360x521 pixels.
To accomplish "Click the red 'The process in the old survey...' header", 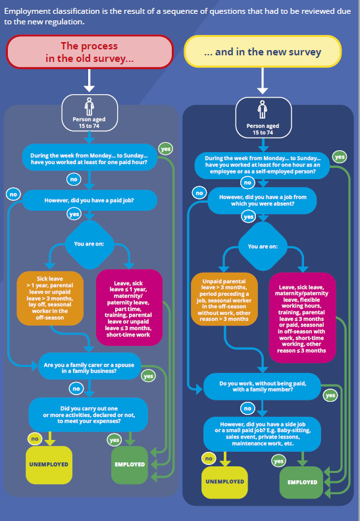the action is (x=90, y=52).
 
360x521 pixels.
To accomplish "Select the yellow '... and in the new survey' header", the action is (x=263, y=51).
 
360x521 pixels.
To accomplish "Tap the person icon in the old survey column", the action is (x=90, y=106).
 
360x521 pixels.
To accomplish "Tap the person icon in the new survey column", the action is (x=263, y=109).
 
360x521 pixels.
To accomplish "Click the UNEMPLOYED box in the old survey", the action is (x=49, y=465).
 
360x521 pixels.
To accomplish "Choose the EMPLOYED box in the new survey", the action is (x=302, y=482).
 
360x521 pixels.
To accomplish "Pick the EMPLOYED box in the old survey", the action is (x=130, y=465).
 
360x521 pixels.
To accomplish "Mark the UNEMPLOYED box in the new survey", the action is (x=224, y=482).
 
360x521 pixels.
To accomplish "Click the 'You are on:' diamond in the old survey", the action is (x=90, y=244).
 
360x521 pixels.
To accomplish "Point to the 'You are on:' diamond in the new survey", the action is (x=263, y=246).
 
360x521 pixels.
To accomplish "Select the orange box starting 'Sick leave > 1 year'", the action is (x=50, y=298).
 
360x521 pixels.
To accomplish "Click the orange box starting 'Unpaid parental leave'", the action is (x=224, y=300).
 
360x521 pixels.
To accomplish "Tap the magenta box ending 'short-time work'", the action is (x=129, y=308).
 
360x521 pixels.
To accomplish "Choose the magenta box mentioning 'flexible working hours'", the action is (x=302, y=318).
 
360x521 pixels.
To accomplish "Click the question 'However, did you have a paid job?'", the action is (x=90, y=200).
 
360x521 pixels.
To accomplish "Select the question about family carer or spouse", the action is (x=90, y=366).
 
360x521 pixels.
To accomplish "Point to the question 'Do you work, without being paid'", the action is (x=263, y=387).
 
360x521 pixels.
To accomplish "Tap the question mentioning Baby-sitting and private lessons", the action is (x=263, y=434).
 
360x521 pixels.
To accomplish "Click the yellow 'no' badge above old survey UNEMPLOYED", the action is (x=35, y=439).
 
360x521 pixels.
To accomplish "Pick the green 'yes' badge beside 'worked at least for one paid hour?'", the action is (x=166, y=150).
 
